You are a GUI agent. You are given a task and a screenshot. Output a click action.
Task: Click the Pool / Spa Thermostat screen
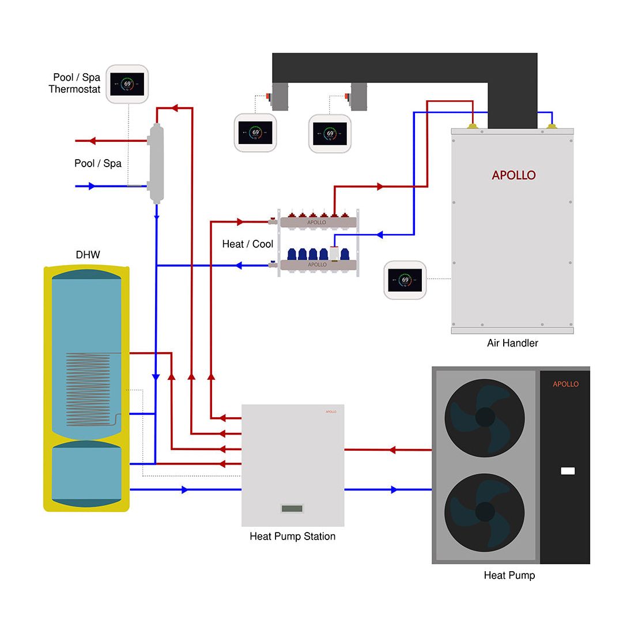pos(127,84)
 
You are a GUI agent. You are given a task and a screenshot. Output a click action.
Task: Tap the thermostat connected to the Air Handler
pos(405,280)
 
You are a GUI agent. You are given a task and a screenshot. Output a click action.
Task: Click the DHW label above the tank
pos(88,255)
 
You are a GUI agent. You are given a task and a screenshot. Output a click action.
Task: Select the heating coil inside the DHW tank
pos(88,389)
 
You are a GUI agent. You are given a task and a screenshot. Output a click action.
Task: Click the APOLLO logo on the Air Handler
pos(514,175)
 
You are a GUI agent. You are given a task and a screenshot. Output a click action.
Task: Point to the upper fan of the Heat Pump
pos(485,417)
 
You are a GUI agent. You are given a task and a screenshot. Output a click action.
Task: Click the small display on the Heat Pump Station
pos(292,508)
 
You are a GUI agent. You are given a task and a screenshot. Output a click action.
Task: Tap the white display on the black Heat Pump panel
pos(567,471)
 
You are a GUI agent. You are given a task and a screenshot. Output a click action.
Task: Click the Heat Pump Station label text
pos(292,537)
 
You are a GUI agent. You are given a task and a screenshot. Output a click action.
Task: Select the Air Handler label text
pos(512,343)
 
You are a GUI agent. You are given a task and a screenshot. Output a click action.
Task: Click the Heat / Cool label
pos(247,244)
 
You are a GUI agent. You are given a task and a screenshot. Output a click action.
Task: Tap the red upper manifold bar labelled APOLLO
pos(318,222)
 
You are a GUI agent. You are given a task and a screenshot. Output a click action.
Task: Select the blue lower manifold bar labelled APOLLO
pos(318,265)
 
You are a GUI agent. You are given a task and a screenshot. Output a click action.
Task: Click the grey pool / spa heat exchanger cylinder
pos(156,163)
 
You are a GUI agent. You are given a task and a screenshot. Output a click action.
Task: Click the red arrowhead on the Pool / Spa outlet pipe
pos(93,141)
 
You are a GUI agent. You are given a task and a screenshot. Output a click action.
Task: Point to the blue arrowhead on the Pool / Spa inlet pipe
pos(92,186)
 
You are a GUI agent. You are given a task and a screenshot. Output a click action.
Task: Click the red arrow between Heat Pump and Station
pos(392,450)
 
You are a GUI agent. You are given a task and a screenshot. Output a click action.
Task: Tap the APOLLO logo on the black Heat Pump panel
pos(565,384)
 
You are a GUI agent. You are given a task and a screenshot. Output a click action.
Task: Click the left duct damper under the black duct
pos(280,96)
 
